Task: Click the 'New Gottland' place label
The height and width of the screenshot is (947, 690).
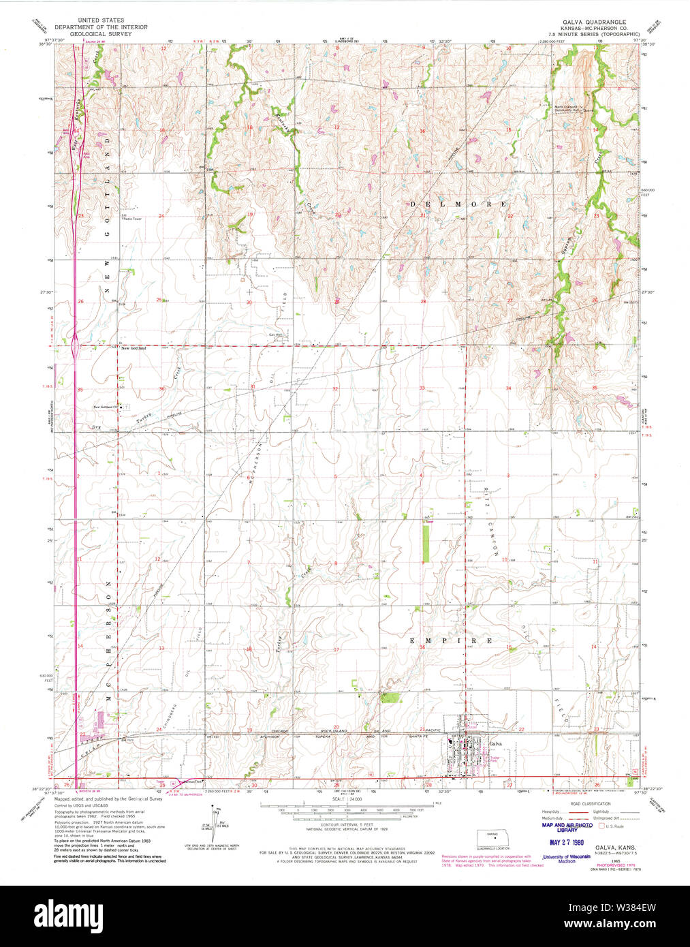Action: (134, 348)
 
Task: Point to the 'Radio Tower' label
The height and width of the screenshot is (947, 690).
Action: (132, 219)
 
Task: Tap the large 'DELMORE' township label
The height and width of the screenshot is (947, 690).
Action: (458, 204)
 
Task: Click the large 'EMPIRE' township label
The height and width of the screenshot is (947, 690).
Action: (450, 641)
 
